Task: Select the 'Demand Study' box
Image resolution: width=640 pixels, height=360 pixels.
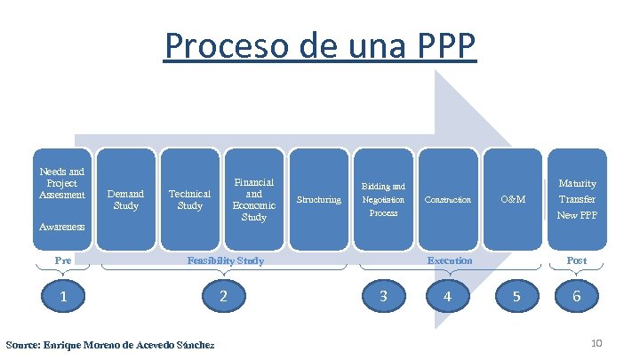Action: [126, 199]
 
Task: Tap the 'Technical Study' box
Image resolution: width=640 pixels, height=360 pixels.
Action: [189, 199]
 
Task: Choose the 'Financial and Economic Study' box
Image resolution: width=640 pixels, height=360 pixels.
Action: [253, 199]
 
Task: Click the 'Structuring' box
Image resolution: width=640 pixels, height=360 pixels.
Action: [318, 199]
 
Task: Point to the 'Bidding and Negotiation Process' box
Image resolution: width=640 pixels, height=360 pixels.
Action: [383, 199]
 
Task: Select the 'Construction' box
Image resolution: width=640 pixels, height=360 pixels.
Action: [448, 199]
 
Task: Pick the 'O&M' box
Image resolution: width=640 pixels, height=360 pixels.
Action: [513, 199]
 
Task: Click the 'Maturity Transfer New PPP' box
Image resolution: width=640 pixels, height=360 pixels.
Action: [577, 199]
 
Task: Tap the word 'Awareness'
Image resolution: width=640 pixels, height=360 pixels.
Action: [62, 227]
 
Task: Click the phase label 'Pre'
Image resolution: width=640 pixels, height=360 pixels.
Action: [62, 260]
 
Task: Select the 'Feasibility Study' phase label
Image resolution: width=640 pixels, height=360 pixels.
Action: [224, 260]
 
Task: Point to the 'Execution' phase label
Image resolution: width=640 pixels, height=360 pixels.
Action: [450, 260]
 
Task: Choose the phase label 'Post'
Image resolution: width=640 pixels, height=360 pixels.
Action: [577, 260]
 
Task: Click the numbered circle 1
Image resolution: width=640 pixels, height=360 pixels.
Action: [63, 296]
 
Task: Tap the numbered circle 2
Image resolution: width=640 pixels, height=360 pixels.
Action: [224, 296]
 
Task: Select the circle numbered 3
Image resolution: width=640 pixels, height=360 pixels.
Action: [383, 296]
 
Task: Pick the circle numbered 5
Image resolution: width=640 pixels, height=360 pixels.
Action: [513, 296]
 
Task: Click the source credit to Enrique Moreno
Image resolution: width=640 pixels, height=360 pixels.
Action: [109, 344]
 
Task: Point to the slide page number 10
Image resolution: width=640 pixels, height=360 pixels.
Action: [597, 343]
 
